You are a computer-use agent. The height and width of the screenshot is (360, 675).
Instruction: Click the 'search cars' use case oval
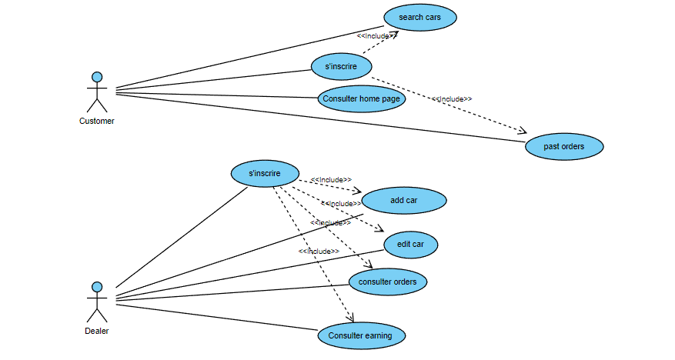419,17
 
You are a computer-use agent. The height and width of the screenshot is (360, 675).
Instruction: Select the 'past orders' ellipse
564,146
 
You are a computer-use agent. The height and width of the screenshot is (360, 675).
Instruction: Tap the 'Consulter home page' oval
361,98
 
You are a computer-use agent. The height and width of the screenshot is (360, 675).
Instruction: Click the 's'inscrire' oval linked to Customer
341,66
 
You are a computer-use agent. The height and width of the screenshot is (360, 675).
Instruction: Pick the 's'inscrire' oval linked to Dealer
265,173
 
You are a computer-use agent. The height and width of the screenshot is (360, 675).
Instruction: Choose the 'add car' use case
403,200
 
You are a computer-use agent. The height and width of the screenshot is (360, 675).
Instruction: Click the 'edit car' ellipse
410,245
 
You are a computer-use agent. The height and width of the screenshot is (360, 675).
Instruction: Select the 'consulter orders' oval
387,282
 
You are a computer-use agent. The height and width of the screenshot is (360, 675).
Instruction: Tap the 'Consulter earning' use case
360,335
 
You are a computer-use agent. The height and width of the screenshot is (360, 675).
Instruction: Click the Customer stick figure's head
97,77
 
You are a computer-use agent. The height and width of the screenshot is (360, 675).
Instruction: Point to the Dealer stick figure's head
97,287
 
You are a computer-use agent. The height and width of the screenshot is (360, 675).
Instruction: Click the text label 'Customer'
97,121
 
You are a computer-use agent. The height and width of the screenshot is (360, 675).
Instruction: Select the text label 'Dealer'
97,331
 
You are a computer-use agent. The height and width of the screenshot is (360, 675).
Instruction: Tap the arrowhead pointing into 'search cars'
394,34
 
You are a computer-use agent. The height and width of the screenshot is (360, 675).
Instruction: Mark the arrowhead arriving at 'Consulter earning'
350,318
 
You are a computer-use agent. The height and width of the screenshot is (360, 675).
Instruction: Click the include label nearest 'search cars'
376,35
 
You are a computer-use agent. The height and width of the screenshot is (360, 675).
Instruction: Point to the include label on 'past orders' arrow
452,98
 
